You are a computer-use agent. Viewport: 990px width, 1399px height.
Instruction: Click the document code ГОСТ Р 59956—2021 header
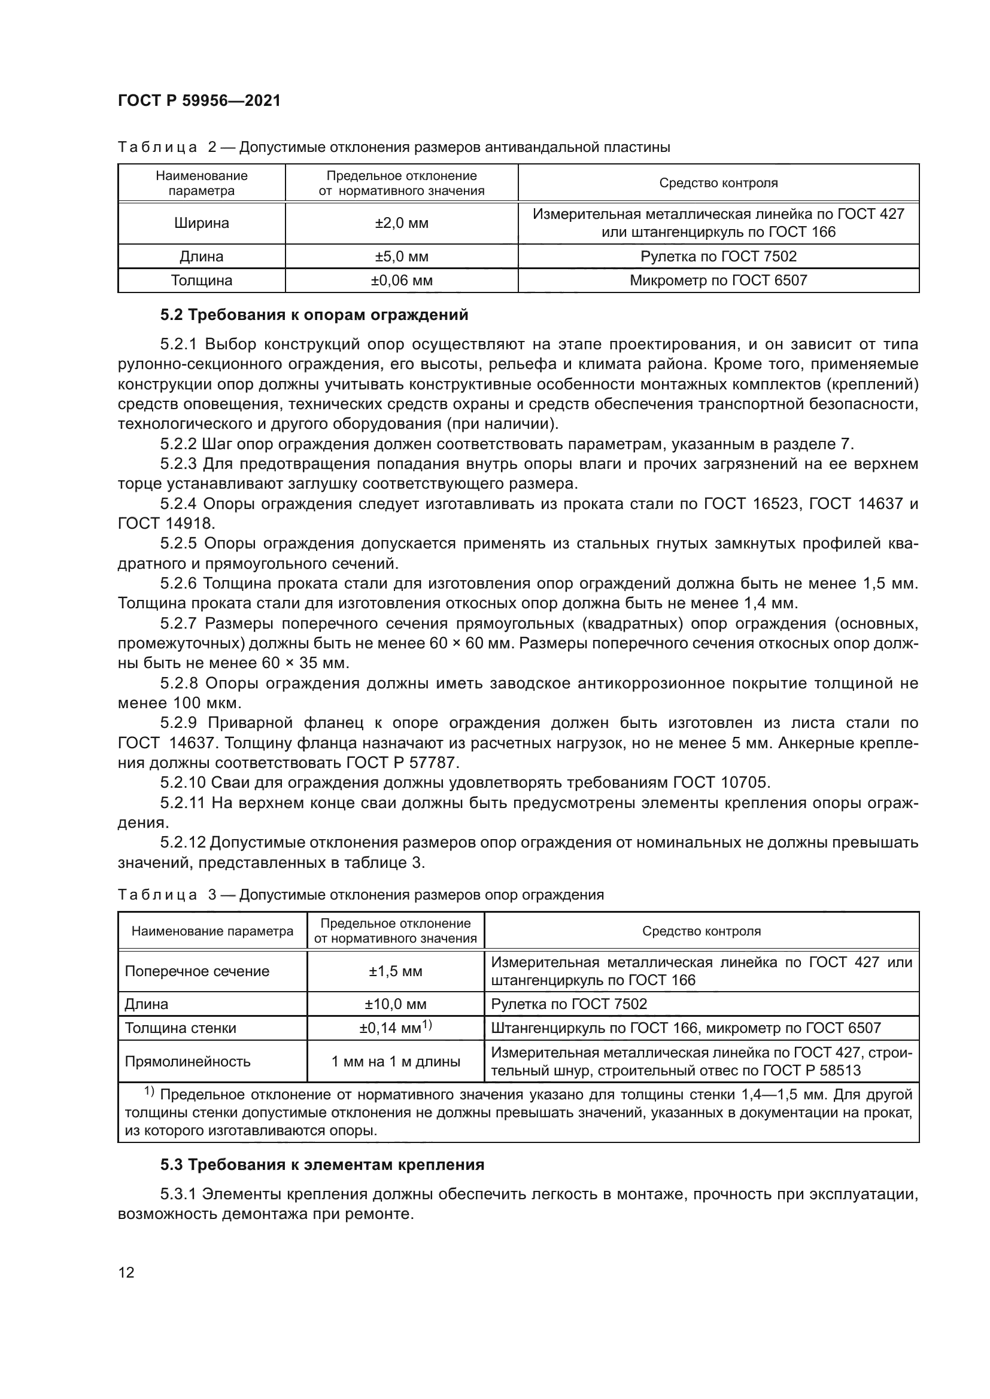(x=199, y=101)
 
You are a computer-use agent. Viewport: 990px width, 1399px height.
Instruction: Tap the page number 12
(x=126, y=1272)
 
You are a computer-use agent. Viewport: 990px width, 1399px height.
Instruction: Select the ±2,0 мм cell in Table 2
(x=401, y=223)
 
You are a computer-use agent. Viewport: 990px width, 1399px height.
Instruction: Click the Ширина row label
(x=201, y=223)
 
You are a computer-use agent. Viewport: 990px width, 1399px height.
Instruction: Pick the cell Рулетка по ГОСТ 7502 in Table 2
(x=718, y=257)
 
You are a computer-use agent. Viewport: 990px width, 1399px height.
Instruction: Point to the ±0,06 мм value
(x=401, y=281)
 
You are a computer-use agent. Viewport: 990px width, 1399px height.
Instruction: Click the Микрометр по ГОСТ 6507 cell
(x=718, y=281)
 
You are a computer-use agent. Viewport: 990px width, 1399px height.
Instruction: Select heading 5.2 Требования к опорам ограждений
(x=314, y=315)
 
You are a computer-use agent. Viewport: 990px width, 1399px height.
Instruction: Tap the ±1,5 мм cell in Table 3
(x=395, y=971)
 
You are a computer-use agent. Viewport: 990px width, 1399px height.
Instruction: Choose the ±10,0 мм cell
(x=395, y=1004)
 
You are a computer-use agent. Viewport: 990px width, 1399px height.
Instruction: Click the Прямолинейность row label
(x=187, y=1062)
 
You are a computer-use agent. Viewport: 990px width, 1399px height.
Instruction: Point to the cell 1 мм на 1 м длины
(x=395, y=1062)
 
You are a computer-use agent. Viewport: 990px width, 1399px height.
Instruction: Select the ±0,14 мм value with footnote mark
(x=395, y=1029)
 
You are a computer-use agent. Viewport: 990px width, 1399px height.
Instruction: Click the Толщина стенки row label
(x=180, y=1029)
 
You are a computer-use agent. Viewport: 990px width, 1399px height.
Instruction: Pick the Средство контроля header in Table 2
(x=718, y=183)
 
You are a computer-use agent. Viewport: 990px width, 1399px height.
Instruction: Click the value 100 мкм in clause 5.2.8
(x=207, y=703)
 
